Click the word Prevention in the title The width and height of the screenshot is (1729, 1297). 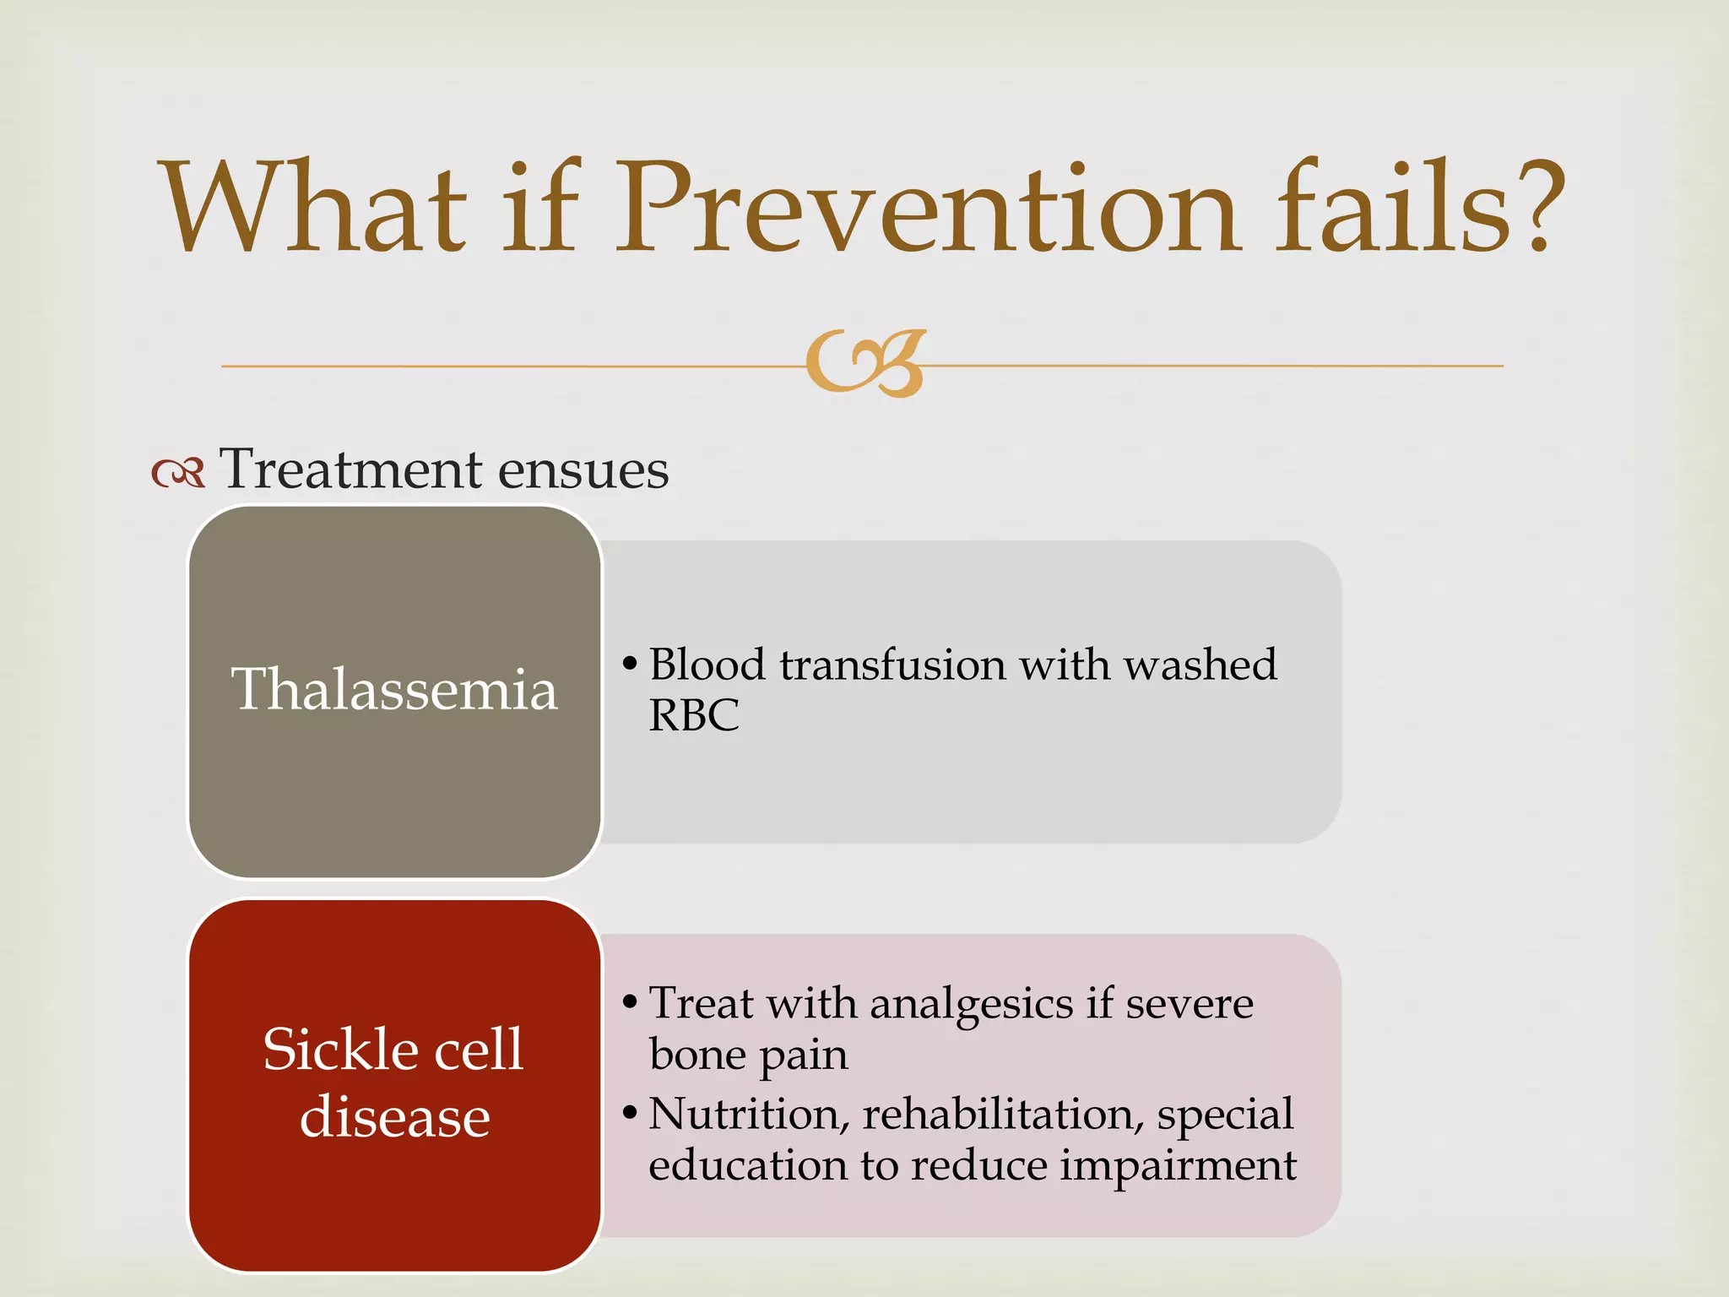point(927,209)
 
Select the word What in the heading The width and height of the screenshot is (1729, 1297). point(314,209)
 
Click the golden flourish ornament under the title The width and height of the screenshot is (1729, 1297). point(866,363)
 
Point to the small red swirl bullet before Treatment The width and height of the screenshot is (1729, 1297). point(178,473)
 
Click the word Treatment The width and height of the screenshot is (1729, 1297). point(350,469)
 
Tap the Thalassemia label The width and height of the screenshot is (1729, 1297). point(394,690)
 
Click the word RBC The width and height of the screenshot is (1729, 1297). point(693,716)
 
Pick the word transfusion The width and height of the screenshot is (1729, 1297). point(892,665)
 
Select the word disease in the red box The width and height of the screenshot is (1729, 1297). point(394,1117)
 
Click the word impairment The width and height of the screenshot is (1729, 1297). point(1178,1167)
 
